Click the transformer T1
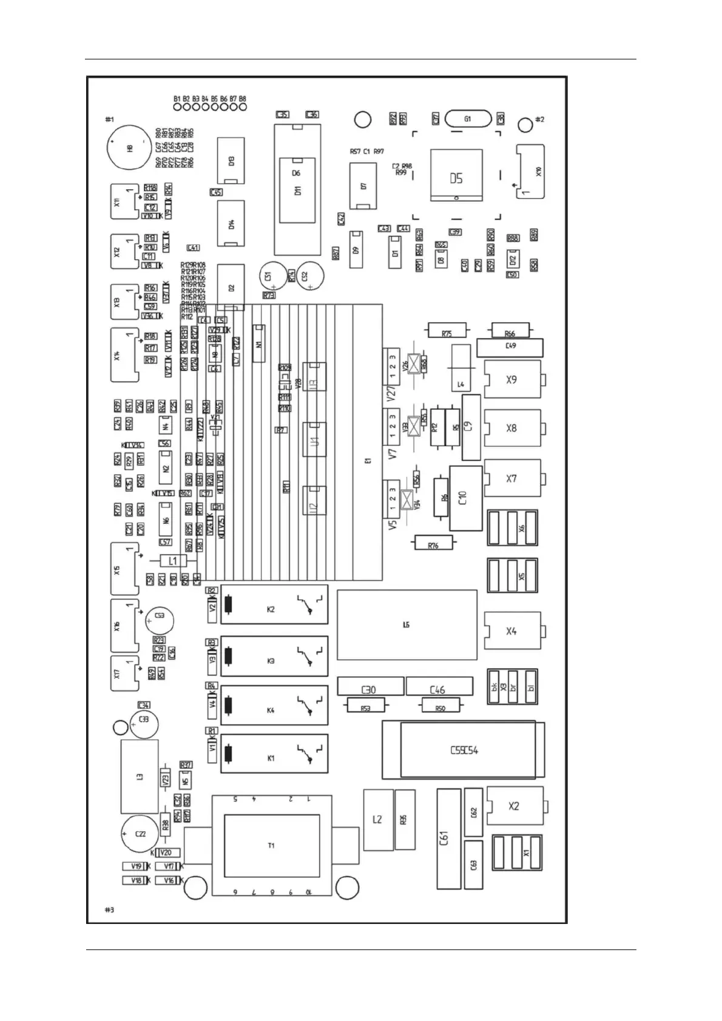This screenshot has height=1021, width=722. pos(271,845)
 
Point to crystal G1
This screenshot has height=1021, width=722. pos(467,119)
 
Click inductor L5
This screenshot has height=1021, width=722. pos(407,624)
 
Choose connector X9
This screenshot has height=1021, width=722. pos(512,380)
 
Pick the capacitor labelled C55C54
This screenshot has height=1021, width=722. pos(464,750)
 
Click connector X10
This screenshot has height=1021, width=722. pos(530,172)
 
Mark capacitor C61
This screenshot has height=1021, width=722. pos(448,839)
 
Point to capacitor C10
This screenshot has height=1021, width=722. pos(465,498)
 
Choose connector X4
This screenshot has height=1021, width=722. pos(512,631)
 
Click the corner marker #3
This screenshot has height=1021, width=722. pos(109,909)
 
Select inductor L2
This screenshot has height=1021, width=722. pos(377,820)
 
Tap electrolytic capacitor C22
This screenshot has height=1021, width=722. pos(140,834)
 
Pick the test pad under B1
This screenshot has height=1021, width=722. pos(177,107)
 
